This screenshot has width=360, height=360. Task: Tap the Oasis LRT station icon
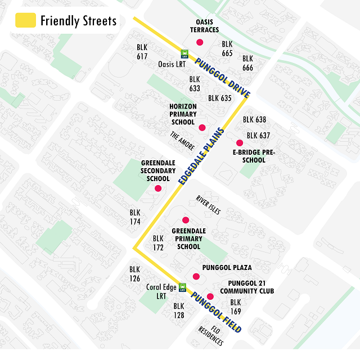point(184,55)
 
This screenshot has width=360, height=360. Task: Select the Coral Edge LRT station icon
point(182,287)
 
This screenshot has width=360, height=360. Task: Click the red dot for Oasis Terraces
point(199,43)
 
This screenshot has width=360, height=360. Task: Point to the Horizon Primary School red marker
point(202,128)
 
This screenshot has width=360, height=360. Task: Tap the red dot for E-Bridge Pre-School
point(239,143)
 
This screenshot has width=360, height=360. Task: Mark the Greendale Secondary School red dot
point(158,188)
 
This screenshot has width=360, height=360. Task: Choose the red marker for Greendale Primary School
point(186,220)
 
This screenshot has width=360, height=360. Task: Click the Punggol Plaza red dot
point(196,276)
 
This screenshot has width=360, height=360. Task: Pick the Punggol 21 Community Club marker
point(210,296)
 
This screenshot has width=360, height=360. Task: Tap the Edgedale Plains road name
point(201,157)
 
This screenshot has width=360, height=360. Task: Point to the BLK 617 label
point(142,52)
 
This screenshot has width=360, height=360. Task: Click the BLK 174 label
point(135,217)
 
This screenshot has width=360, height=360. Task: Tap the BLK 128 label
point(179,310)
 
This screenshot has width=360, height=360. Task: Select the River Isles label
point(208,205)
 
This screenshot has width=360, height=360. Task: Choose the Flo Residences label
point(210,335)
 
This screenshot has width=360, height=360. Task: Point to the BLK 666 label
point(247,63)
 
